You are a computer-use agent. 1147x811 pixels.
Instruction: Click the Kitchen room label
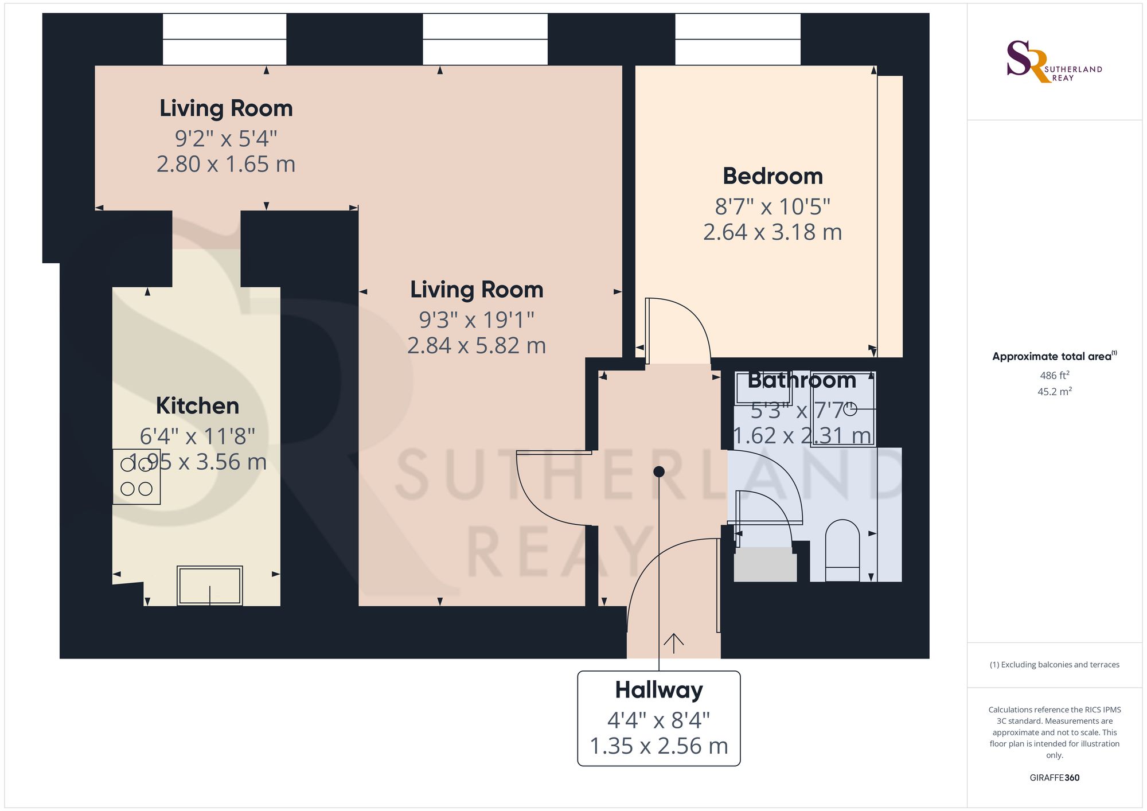(197, 406)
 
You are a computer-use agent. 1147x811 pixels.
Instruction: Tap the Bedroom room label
(773, 176)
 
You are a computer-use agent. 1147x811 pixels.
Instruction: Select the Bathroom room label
(802, 380)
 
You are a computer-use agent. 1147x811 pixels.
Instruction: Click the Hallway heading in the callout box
(659, 691)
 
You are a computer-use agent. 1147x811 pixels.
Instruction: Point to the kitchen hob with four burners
(136, 477)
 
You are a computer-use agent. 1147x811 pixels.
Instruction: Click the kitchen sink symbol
(210, 586)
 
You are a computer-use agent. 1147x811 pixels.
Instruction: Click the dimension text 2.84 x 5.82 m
(477, 346)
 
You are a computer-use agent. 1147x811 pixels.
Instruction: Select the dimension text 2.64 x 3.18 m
(773, 232)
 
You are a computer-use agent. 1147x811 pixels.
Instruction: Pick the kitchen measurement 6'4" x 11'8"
(197, 436)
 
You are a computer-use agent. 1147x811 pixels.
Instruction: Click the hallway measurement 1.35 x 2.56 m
(659, 746)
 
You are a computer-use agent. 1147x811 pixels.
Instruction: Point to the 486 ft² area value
(1055, 376)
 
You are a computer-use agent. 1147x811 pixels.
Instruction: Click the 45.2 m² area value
(1055, 392)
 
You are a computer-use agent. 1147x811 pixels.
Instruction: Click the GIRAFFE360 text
(1055, 778)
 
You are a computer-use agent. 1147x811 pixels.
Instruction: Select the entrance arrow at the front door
(673, 644)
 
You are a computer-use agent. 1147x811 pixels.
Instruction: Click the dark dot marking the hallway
(659, 471)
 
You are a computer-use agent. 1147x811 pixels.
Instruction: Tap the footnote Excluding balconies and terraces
(1055, 665)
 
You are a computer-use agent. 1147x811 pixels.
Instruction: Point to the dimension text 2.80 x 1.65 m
(226, 165)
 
